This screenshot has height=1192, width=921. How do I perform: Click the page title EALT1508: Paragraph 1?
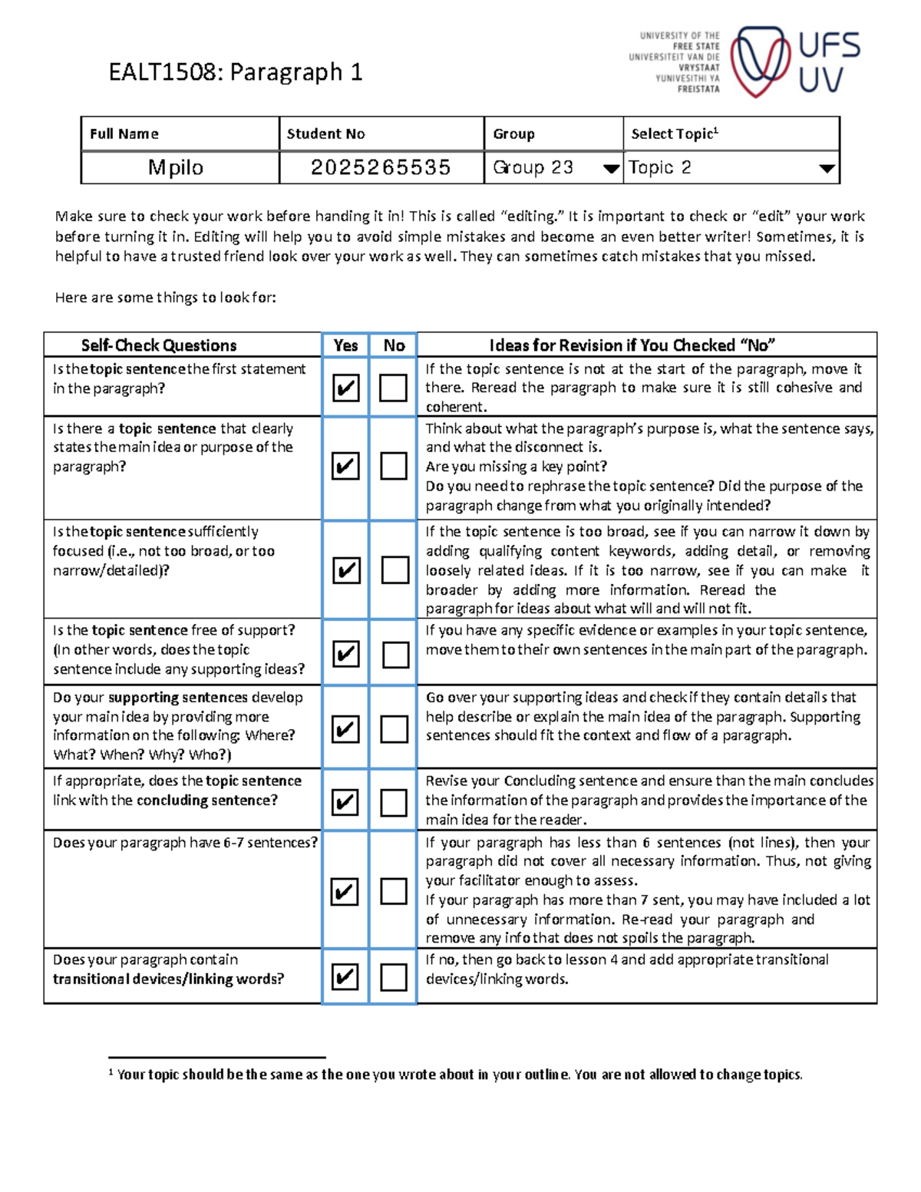point(235,72)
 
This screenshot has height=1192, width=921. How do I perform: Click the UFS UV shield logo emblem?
point(759,61)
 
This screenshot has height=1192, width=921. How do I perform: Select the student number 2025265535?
point(381,167)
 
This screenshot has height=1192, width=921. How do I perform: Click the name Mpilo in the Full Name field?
point(176,167)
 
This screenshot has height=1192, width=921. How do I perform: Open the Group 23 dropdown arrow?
point(611,169)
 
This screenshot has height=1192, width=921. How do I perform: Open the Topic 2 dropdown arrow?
point(827,169)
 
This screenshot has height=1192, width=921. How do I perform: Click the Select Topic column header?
point(674,134)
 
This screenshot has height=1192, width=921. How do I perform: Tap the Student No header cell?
point(326,134)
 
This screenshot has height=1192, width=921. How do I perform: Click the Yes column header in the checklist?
point(345,345)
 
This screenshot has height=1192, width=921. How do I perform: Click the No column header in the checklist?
point(394,345)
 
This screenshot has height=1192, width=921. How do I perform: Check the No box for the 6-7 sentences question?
point(394,891)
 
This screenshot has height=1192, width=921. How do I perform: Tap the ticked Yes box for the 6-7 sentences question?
point(345,891)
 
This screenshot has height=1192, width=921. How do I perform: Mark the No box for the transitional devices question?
point(394,977)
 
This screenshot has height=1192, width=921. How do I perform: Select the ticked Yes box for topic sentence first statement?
point(346,388)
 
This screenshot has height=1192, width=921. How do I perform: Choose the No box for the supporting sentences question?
point(394,729)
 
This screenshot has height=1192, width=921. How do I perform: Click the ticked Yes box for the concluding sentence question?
point(345,802)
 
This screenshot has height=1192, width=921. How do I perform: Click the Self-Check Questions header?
point(159,345)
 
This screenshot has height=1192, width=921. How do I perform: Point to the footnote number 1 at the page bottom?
point(111,1072)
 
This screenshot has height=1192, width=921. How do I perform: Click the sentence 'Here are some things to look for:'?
point(165,298)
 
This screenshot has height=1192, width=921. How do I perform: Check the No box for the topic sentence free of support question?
point(395,654)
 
